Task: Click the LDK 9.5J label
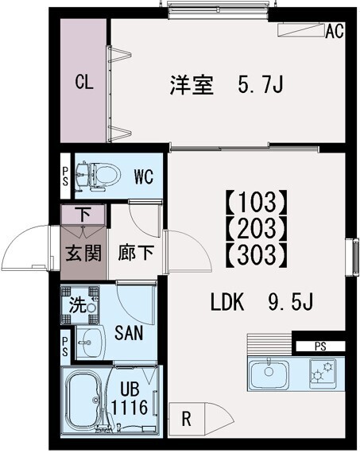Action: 263,303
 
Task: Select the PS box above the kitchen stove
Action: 319,346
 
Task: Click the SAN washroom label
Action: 128,334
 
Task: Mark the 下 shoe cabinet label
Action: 83,215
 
